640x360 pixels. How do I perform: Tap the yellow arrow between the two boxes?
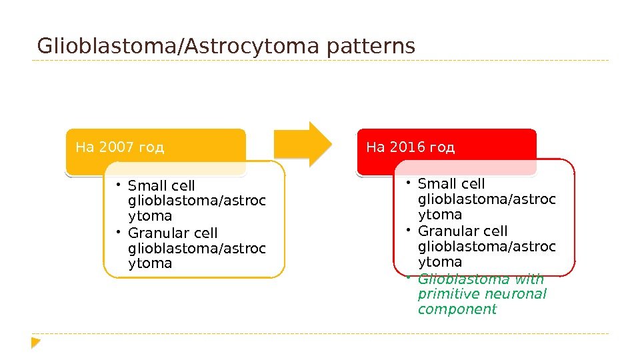click(303, 144)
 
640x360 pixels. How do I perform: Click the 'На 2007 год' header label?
click(120, 147)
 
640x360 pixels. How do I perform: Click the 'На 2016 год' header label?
click(411, 147)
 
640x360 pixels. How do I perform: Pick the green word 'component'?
click(457, 309)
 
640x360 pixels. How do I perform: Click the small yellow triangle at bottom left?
click(36, 343)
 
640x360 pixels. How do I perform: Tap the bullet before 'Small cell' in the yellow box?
click(117, 185)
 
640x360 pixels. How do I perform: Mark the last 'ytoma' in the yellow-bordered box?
click(150, 263)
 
